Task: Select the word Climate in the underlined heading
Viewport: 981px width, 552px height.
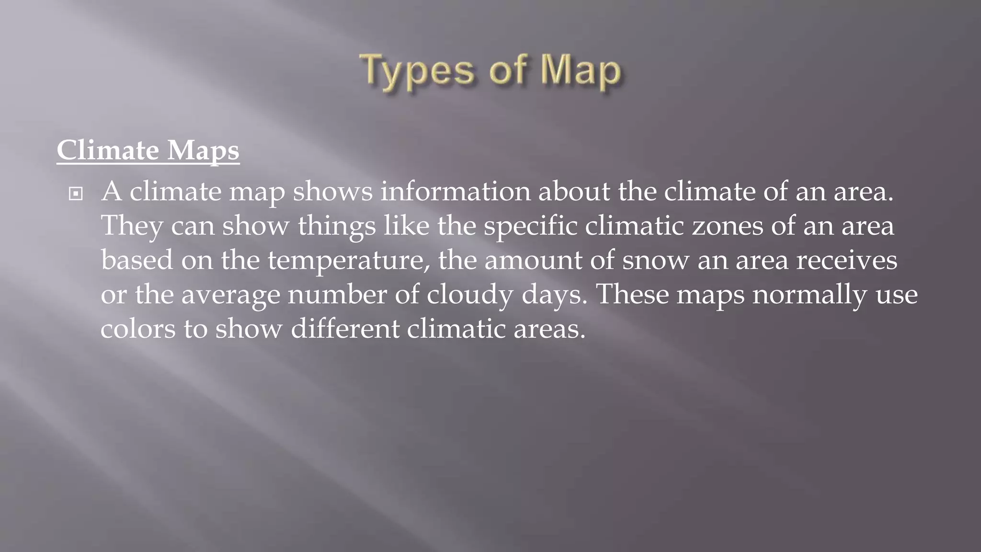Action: click(108, 150)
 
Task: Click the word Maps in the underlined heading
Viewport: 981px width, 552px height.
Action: click(203, 150)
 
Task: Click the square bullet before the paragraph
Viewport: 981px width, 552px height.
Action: click(76, 194)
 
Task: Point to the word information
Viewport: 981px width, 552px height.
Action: click(455, 191)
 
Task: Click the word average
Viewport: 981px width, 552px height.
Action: click(230, 295)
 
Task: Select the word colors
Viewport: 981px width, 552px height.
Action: click(138, 329)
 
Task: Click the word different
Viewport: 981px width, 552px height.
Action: click(345, 329)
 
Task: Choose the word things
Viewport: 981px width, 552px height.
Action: click(337, 226)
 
